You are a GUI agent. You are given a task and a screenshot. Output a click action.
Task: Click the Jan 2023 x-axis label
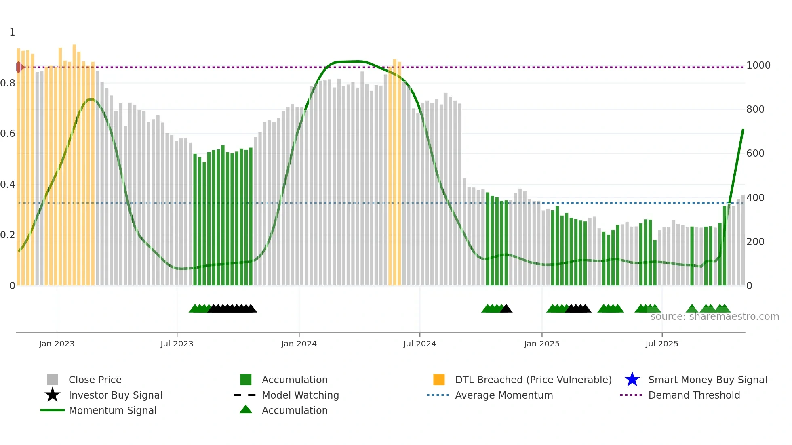[x=57, y=344]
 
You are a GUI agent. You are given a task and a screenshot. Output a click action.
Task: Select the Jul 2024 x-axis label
[x=419, y=344]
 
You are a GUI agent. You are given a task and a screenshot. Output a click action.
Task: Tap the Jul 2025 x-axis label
[x=661, y=344]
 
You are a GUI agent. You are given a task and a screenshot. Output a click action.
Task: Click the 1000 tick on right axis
[x=758, y=65]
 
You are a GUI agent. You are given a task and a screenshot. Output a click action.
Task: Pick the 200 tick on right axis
[x=755, y=242]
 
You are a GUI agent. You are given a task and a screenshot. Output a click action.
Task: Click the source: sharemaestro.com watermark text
[x=714, y=317]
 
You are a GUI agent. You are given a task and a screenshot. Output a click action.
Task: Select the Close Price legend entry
[x=95, y=380]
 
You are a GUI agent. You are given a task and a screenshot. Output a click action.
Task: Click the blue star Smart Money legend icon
[x=632, y=380]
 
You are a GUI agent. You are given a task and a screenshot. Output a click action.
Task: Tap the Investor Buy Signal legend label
[x=115, y=395]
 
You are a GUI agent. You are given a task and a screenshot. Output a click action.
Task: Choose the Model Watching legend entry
[x=300, y=395]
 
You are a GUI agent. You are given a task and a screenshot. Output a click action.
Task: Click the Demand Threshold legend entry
[x=694, y=395]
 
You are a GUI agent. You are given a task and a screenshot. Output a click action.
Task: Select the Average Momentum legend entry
[x=503, y=395]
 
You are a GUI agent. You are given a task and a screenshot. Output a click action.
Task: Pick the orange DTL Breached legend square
[x=439, y=380]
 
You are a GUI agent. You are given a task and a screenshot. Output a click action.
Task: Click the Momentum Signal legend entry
[x=112, y=411]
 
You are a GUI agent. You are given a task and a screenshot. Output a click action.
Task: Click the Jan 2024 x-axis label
[x=299, y=344]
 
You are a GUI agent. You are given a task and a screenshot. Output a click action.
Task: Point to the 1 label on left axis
[x=12, y=32]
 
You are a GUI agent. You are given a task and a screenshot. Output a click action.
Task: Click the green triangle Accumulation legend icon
[x=246, y=409]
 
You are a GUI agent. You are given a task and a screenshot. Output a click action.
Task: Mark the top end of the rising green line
[x=743, y=130]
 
